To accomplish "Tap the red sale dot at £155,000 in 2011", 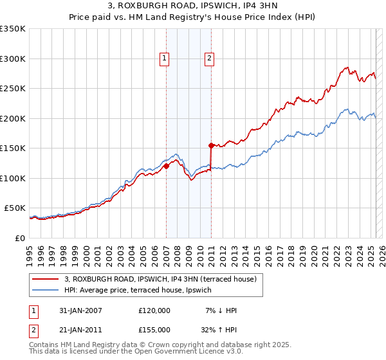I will [x=211, y=145].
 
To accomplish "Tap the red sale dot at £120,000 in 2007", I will [x=166, y=166].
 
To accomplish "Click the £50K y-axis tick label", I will [x=15, y=208].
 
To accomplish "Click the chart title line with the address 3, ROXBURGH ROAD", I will [x=193, y=7].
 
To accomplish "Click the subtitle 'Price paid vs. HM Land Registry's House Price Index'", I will [x=193, y=18].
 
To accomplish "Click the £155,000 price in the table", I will [x=154, y=329].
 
